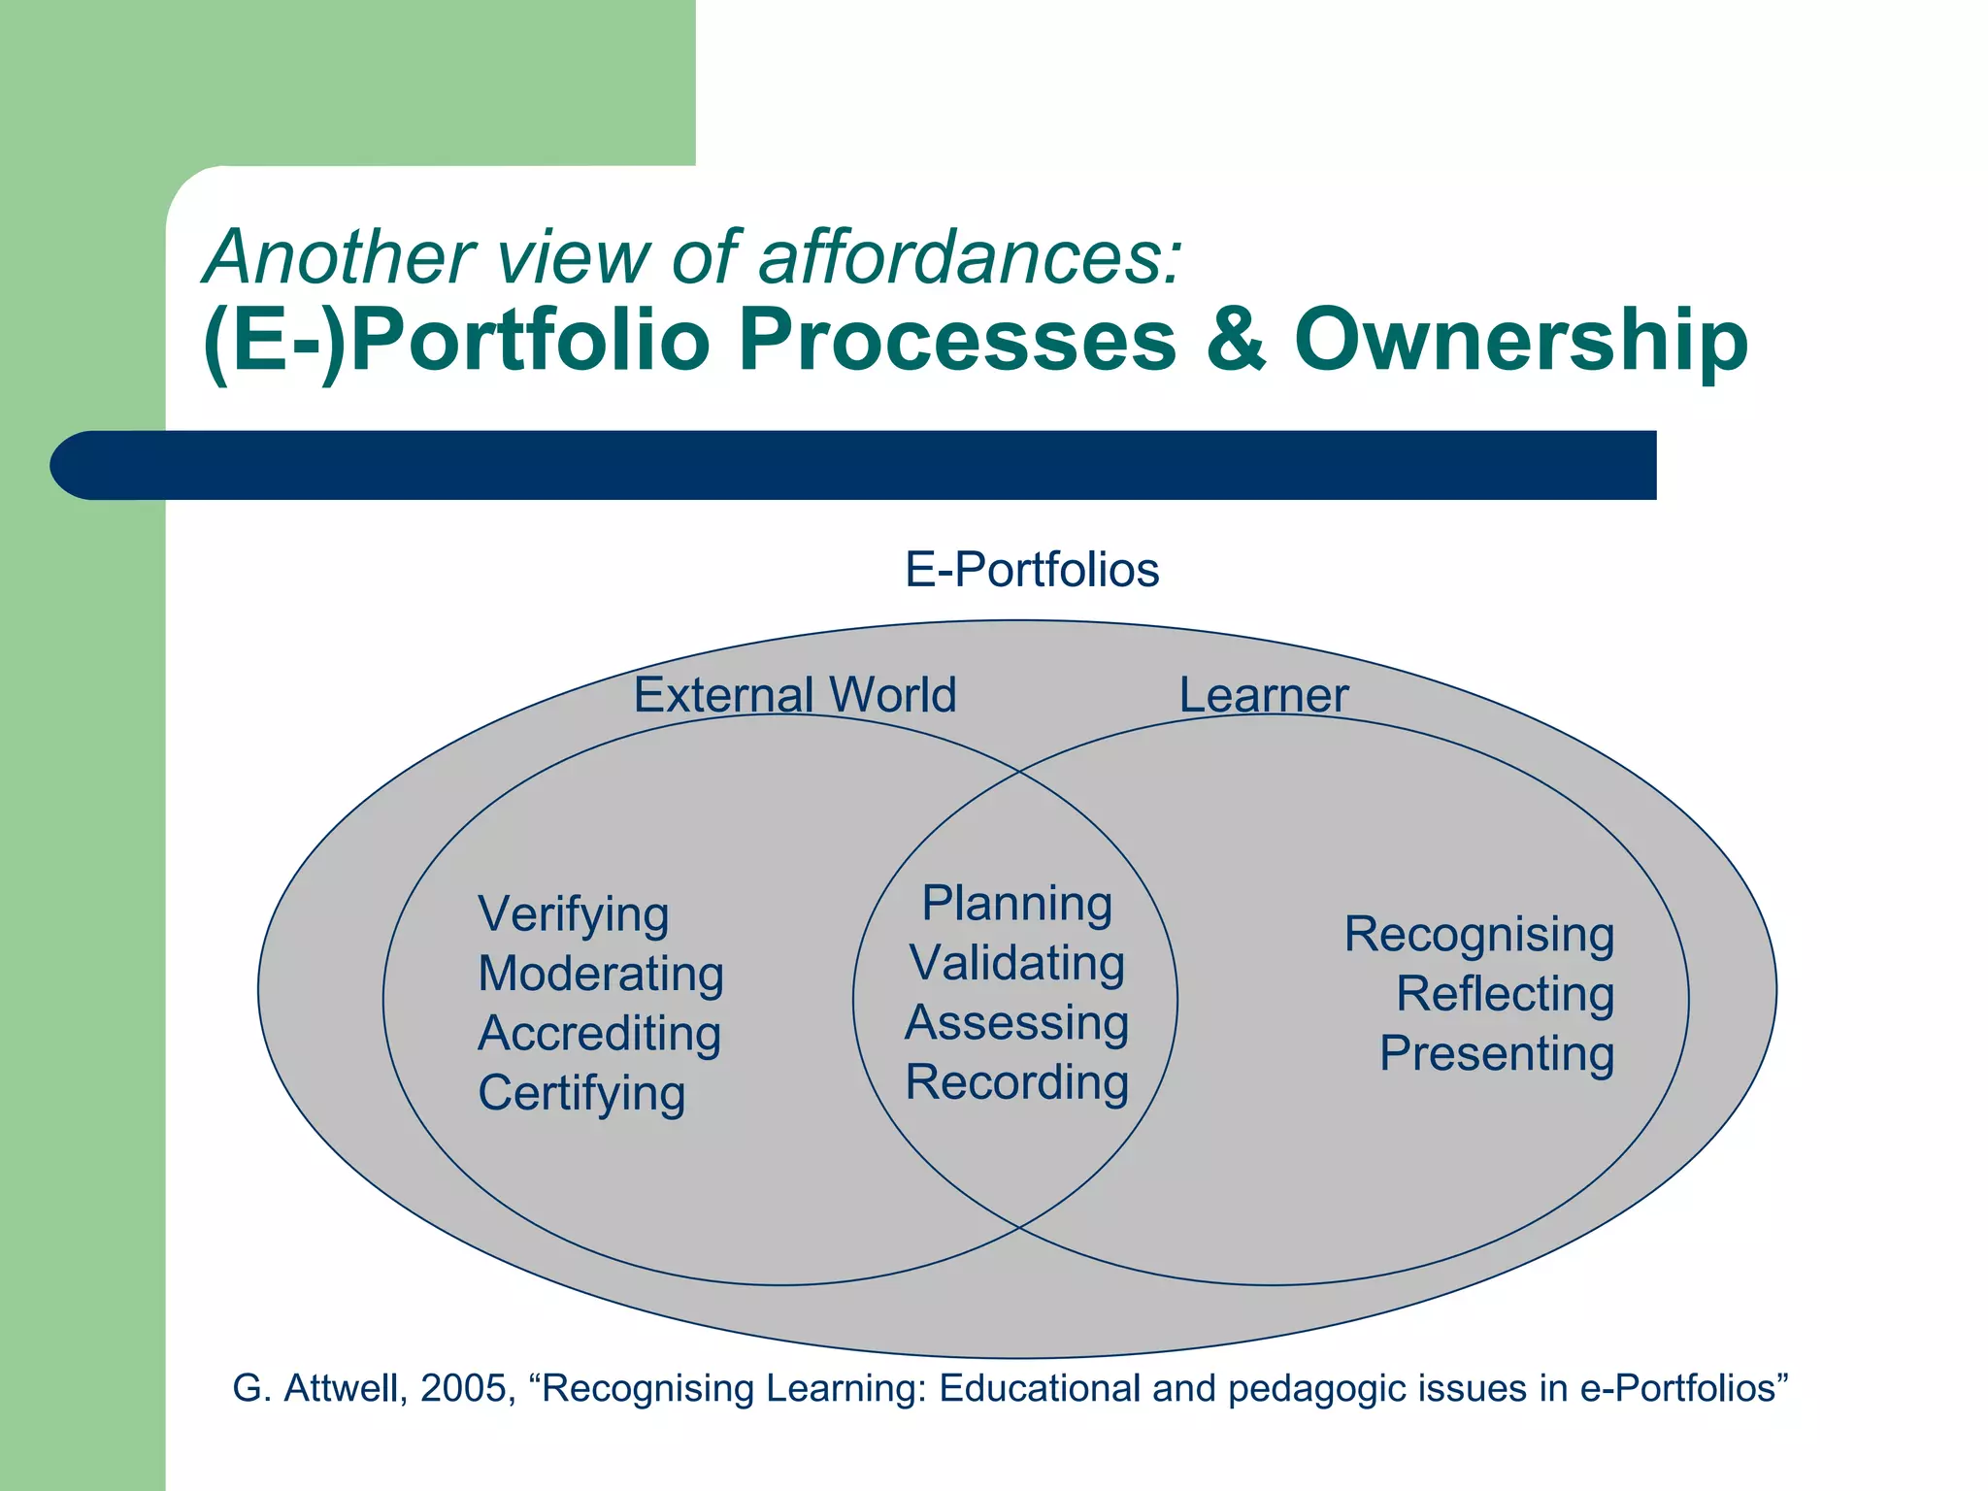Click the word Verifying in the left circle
pos(574,915)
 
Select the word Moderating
pos(601,975)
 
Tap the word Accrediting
pos(599,1034)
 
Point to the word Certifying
pos(581,1094)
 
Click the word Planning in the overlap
pos(1016,905)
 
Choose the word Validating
pos(1016,964)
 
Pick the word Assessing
pos(1016,1023)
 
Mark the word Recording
pos(1016,1083)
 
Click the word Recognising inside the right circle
pos(1478,936)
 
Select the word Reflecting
pos(1505,995)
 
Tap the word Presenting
pos(1496,1054)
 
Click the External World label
pos(794,695)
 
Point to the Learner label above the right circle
pos(1263,695)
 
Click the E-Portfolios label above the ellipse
pos(1032,570)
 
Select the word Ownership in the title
pos(1520,341)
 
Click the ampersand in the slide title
pos(1236,341)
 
